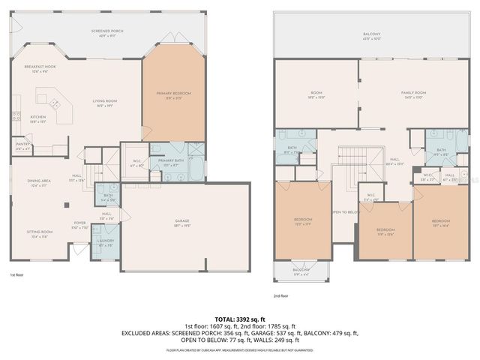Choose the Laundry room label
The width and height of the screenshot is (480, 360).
104,243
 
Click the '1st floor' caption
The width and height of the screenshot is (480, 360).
17,275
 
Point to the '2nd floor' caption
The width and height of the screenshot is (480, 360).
281,297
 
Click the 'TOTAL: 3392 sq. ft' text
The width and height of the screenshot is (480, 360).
239,319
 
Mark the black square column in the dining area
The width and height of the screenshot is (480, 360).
65,204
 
